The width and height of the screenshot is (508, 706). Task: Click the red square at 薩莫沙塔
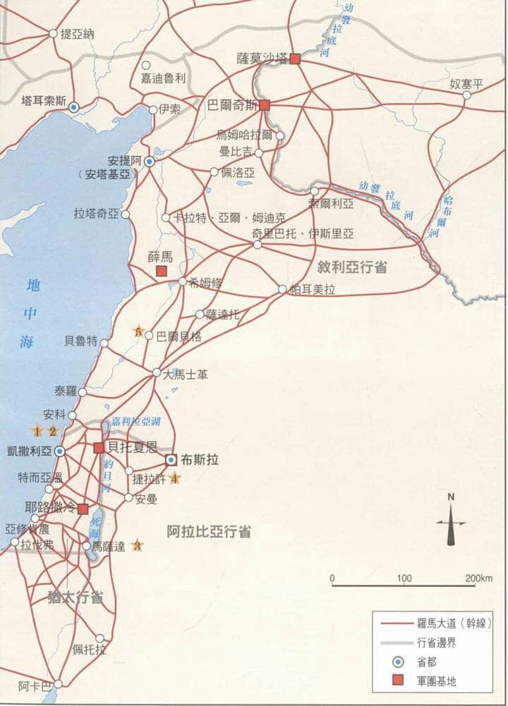point(295,59)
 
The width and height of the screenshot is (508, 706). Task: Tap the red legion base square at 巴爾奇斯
point(265,105)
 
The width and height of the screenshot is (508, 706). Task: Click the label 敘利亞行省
point(352,267)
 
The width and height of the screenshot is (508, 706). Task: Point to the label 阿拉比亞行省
point(209,532)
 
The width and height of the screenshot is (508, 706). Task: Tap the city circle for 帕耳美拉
point(282,289)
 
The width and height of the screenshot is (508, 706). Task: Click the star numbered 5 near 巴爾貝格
point(139,331)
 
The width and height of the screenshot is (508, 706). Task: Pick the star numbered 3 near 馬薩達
point(138,545)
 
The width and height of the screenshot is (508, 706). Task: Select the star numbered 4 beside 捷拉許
point(175,479)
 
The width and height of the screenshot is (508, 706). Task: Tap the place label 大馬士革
point(185,375)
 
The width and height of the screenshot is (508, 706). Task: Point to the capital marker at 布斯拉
point(171,460)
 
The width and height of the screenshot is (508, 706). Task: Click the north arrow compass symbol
point(451,523)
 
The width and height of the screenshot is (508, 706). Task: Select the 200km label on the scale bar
point(479,579)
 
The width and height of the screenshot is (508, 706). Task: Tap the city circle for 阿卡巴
point(58,683)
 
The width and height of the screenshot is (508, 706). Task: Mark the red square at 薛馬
point(161,271)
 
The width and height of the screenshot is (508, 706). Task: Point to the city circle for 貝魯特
point(104,343)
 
